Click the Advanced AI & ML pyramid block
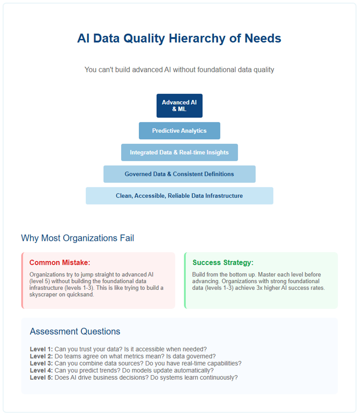point(179,106)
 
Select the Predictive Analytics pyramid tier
point(179,131)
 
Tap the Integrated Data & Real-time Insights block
point(179,152)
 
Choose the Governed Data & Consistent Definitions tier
point(179,174)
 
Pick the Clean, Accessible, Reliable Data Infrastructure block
point(179,196)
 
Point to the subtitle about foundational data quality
point(179,70)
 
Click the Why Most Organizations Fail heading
point(78,238)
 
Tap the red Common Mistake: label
point(60,263)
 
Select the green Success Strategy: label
point(223,263)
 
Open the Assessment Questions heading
point(75,331)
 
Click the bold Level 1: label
point(41,349)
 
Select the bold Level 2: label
point(41,357)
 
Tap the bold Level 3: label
point(41,363)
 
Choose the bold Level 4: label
point(41,371)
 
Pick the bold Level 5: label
point(41,378)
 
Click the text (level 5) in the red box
point(40,281)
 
